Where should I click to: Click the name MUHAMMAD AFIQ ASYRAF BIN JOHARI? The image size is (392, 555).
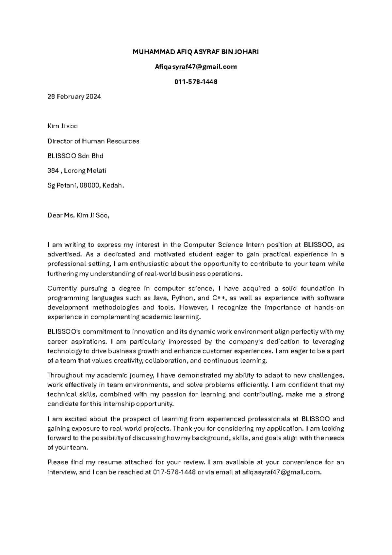pos(196,52)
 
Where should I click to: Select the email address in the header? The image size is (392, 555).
pos(196,67)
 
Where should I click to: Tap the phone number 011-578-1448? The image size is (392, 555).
pos(196,82)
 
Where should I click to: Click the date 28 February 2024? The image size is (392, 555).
pos(74,97)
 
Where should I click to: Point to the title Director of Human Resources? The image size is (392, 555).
pos(93,141)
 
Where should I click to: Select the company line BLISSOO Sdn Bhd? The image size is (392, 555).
pos(75,156)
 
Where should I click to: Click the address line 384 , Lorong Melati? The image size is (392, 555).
pos(77,170)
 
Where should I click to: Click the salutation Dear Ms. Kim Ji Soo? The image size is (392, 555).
pos(78,215)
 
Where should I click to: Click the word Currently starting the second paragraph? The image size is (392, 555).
pos(62,289)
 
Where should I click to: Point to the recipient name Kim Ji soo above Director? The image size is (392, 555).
pos(62,126)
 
